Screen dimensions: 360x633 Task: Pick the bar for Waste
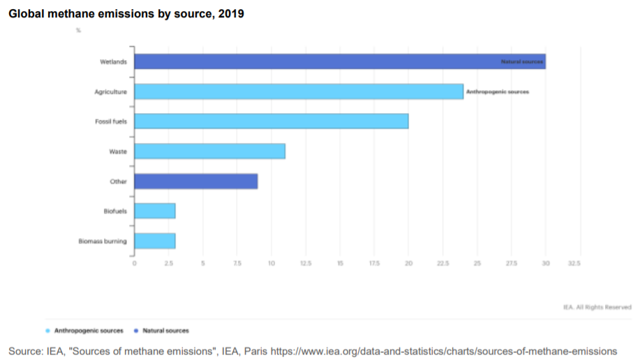[x=209, y=151]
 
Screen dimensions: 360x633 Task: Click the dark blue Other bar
[x=195, y=181]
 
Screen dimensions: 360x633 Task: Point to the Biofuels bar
[x=154, y=211]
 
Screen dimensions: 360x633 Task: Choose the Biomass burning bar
[x=154, y=241]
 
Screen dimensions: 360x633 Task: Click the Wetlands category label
[x=113, y=61]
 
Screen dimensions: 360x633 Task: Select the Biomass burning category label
[x=103, y=241]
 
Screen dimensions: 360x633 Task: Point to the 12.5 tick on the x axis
[x=305, y=263]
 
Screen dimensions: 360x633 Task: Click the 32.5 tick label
[x=574, y=263]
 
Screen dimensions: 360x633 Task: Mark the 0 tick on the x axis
[x=134, y=263]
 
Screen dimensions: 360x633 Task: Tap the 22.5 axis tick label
[x=442, y=263]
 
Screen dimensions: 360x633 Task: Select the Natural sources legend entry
[x=165, y=331]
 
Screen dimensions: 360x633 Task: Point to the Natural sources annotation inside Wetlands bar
[x=522, y=62]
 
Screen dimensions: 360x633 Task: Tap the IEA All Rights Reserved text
[x=597, y=306]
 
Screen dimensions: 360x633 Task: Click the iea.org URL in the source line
[x=444, y=350]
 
